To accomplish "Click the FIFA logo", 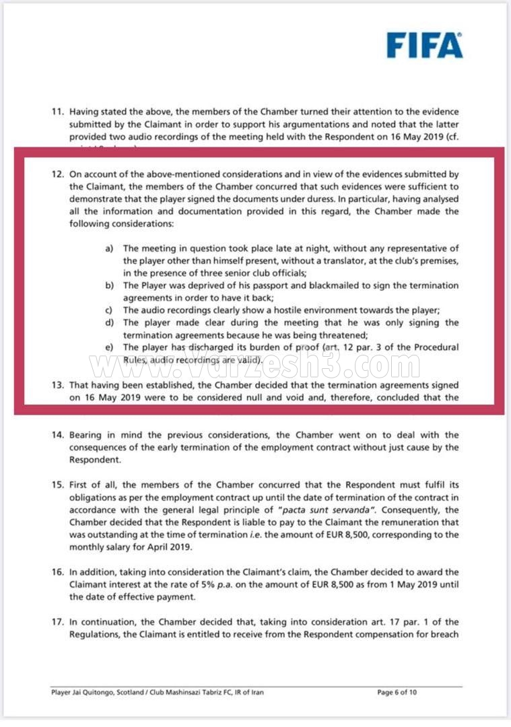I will coord(424,45).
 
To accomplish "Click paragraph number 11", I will coord(58,111).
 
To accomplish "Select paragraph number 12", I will coord(58,174).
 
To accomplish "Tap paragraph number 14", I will coord(58,436).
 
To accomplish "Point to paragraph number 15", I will coord(58,486).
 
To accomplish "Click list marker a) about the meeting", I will coord(109,249).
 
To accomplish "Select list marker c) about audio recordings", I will coord(109,310).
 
